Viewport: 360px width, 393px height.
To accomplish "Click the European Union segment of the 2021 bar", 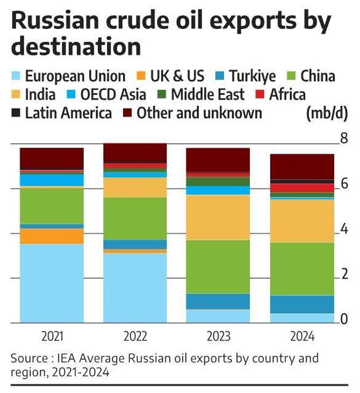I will click(x=52, y=283).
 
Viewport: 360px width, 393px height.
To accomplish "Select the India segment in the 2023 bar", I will click(x=218, y=217).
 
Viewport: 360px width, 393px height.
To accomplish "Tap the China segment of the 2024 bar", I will click(x=301, y=268).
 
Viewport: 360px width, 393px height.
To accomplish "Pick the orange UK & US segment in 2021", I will click(x=52, y=236).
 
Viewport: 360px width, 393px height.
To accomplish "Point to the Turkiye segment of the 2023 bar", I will click(x=218, y=301).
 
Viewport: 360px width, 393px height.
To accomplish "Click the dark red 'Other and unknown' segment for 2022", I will click(x=135, y=153).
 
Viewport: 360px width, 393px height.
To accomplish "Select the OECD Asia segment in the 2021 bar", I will click(x=52, y=180).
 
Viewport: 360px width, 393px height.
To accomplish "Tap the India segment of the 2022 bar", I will click(x=135, y=187).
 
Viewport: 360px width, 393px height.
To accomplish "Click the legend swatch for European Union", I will click(x=16, y=76).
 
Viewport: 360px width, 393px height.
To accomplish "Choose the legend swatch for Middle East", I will click(x=161, y=95).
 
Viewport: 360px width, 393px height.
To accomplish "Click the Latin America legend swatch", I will click(x=16, y=113).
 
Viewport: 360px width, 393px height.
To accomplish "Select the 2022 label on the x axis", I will click(x=135, y=337).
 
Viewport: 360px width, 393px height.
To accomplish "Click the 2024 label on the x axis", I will click(x=301, y=337).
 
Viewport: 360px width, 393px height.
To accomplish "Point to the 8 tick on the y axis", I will click(x=344, y=139).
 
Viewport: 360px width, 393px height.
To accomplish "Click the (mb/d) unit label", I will click(x=326, y=113).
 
